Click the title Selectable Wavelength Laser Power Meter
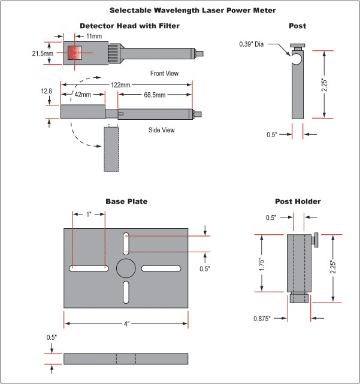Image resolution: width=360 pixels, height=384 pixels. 180,10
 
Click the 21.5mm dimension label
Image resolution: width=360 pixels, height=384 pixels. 44,53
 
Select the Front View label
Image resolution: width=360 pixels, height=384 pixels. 164,73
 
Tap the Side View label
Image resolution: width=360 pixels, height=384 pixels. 162,130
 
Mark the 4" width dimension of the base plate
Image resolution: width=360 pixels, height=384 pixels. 126,323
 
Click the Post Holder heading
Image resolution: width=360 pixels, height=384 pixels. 298,201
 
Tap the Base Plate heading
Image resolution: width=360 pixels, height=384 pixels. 126,201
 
